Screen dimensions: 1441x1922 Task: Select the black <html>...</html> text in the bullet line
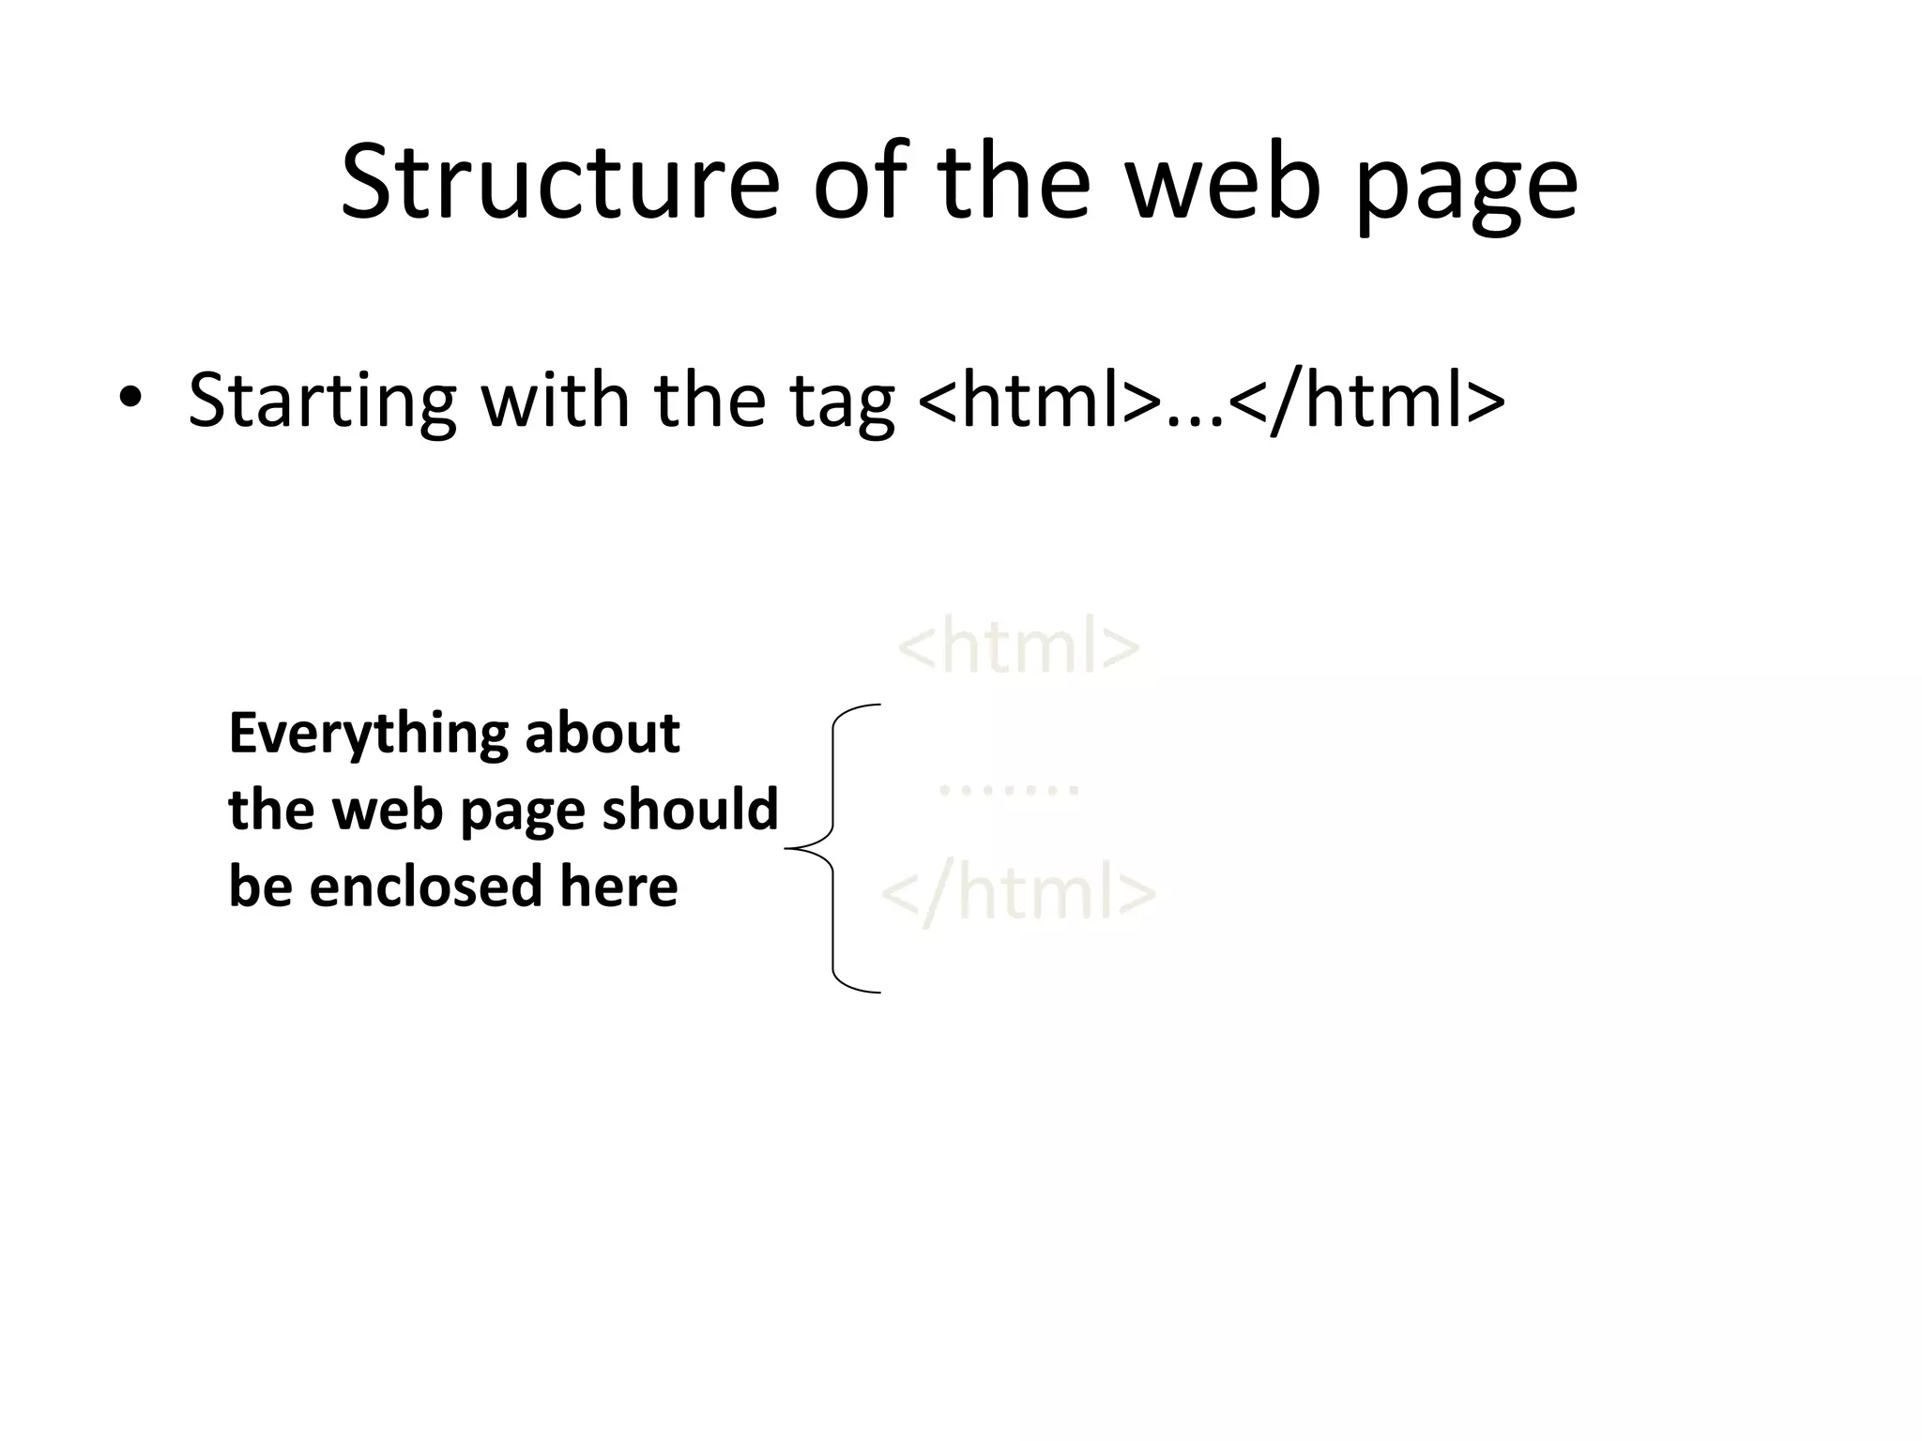[1211, 400]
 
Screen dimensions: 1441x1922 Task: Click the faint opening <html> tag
[1019, 645]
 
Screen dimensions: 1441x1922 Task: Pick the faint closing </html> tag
[1018, 892]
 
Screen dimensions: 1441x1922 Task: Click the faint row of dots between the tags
[1009, 791]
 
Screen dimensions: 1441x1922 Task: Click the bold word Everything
[367, 735]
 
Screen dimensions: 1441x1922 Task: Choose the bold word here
[618, 886]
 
